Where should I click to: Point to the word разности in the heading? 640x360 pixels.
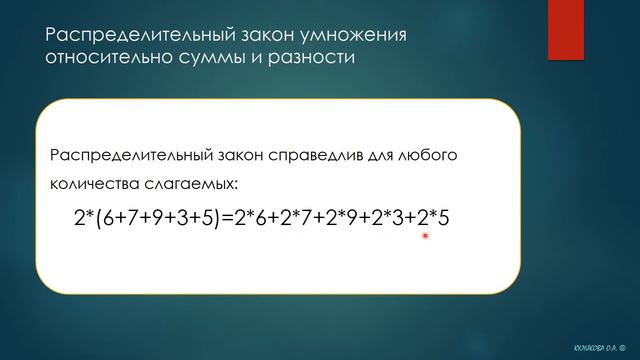310,58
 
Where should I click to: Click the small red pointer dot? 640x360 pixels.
425,236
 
